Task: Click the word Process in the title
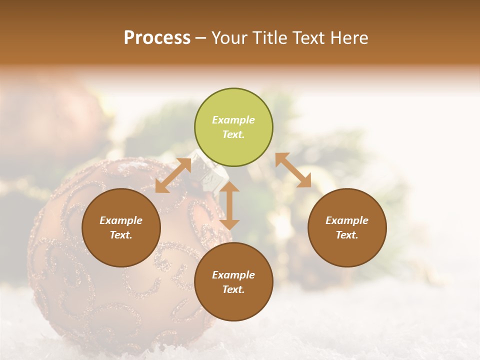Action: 157,38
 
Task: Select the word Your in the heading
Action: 229,38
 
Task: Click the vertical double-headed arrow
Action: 229,205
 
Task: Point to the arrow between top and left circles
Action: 173,175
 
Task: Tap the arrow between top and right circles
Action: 293,170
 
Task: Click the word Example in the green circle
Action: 233,120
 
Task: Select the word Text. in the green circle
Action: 233,134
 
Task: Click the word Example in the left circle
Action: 121,220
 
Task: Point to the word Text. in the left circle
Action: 121,235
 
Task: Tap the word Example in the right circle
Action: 347,220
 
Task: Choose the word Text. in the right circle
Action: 347,235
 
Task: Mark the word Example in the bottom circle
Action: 233,275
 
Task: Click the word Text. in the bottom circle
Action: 233,289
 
